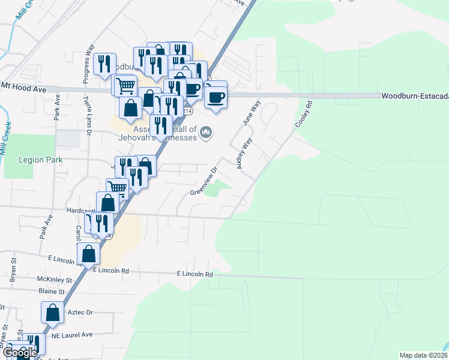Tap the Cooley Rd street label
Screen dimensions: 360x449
click(304, 113)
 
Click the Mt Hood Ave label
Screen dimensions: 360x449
click(23, 88)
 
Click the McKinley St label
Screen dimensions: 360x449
click(54, 280)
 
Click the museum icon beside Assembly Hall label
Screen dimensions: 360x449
click(206, 131)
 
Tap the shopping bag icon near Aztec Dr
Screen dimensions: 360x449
click(52, 313)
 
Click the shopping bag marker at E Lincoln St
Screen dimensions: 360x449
click(88, 254)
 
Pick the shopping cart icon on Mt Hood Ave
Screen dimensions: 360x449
click(124, 86)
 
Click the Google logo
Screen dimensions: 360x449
click(20, 353)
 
